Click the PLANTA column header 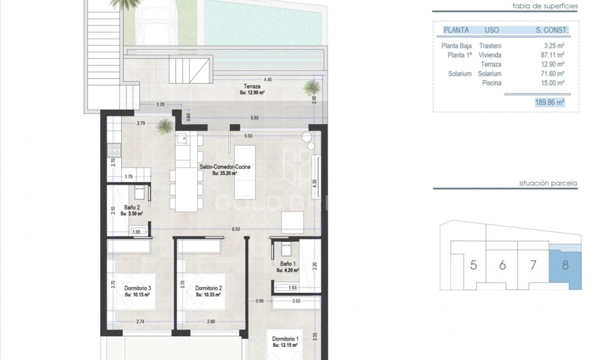point(456,30)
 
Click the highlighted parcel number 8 point(565,264)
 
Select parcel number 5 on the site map point(473,265)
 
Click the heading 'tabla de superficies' point(545,6)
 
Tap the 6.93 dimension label point(237,229)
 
